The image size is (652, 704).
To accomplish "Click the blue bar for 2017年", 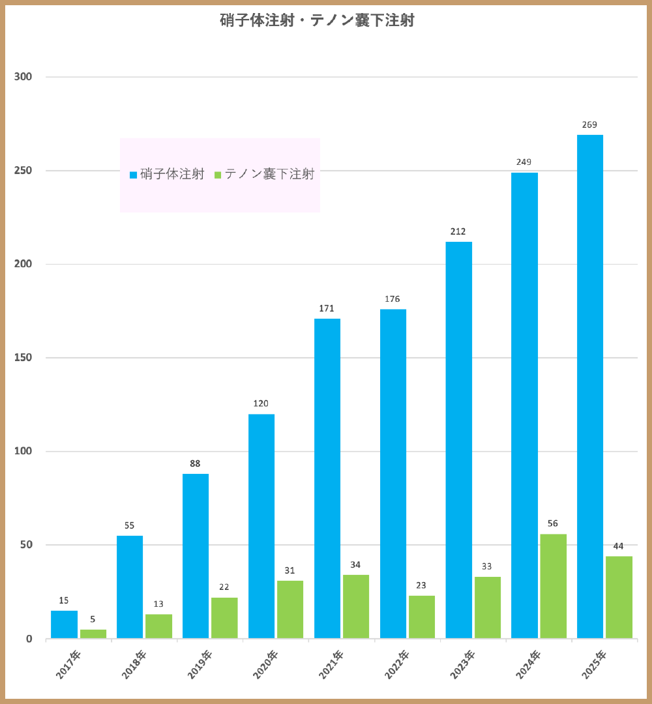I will coord(64,624).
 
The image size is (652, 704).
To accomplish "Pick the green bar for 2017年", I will coord(93,634).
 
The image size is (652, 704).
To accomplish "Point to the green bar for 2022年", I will coord(422,617).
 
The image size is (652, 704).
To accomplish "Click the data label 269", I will coord(590,125).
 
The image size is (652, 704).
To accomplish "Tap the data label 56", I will coord(553,523).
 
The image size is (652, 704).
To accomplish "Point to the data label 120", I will coord(261,403).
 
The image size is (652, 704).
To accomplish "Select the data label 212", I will coord(458,231).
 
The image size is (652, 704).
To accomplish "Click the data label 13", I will coord(158,604).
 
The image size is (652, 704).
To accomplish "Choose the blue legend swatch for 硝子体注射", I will coord(134,175).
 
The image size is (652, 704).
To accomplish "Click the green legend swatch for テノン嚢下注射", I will coord(218,175).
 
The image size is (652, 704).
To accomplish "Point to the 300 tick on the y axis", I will coord(23,77).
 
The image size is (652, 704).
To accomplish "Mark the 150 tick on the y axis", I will coord(23,358).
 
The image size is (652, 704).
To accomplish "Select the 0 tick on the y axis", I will coord(29,639).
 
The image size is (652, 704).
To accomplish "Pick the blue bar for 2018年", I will coord(130,587).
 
